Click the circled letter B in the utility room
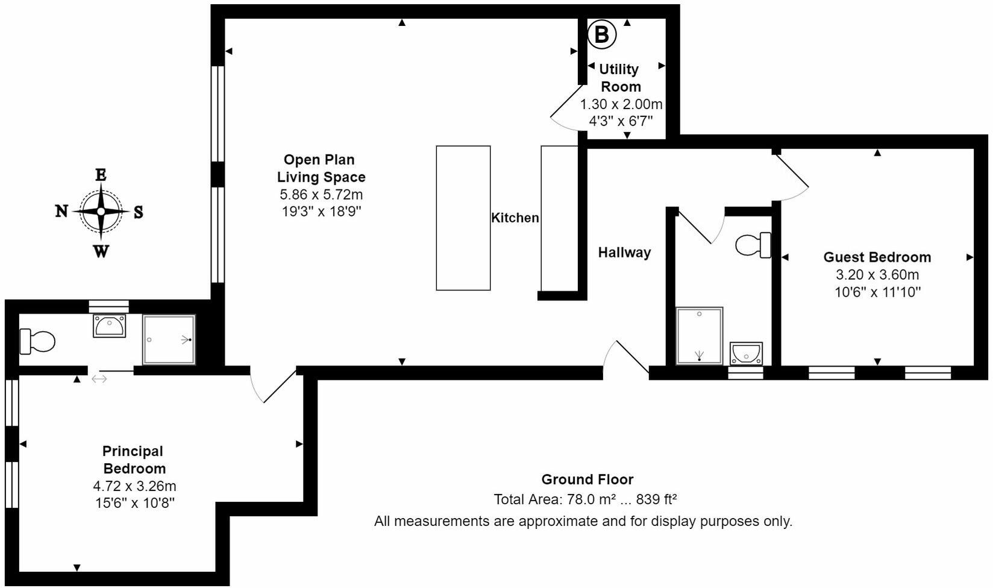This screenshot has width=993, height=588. (601, 34)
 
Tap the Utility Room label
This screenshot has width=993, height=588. (620, 78)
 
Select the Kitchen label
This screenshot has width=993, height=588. (515, 218)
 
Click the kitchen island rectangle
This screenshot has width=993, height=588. (463, 218)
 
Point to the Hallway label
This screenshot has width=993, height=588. (624, 252)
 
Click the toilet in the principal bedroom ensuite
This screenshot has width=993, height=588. (37, 341)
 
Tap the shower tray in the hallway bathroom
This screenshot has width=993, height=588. (699, 336)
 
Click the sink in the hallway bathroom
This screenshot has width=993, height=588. (746, 353)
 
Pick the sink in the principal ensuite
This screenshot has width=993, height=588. (109, 326)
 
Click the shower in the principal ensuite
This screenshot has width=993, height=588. (169, 340)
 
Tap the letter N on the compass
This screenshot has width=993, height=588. (61, 211)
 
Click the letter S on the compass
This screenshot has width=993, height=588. (138, 212)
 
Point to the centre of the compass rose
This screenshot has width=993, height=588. (101, 211)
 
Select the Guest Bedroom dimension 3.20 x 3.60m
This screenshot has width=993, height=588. (877, 275)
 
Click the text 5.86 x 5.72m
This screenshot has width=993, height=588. (321, 195)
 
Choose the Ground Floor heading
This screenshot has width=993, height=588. (587, 479)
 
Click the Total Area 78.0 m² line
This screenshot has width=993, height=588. (585, 500)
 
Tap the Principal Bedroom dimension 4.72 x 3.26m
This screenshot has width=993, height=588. (134, 486)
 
